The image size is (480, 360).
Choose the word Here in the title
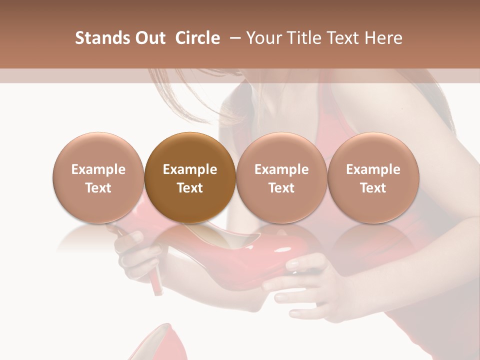tap(383, 38)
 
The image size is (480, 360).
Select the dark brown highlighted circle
tap(189, 177)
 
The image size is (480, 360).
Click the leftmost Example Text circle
tap(98, 177)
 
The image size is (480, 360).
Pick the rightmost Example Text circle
tap(373, 177)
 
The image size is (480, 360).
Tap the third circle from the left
tap(281, 177)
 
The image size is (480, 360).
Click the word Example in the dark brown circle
tap(189, 169)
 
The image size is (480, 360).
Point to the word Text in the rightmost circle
tap(373, 188)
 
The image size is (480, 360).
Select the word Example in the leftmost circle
tap(98, 169)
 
